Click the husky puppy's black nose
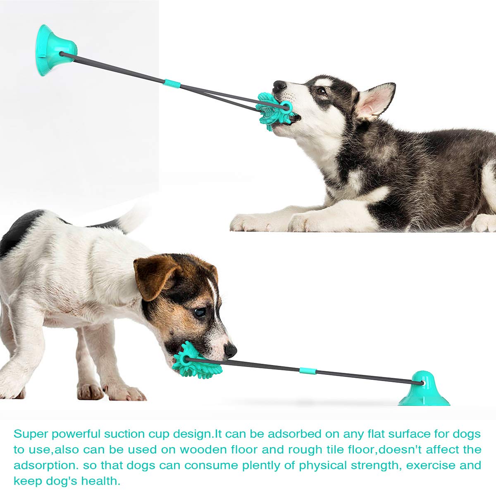click(280, 86)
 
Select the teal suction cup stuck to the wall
click(52, 50)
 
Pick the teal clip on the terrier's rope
click(308, 370)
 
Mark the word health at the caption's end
click(100, 481)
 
